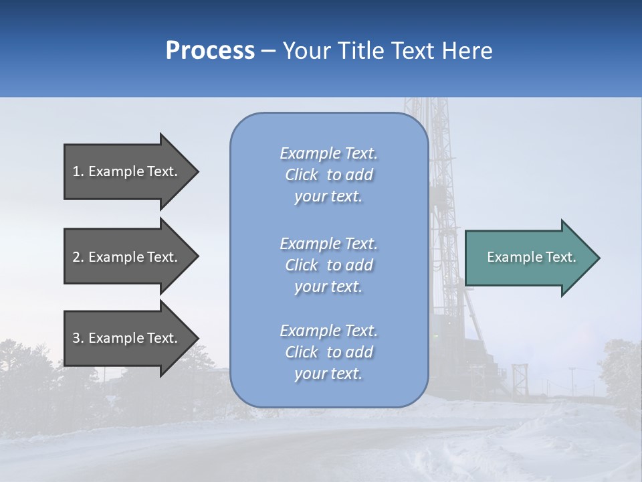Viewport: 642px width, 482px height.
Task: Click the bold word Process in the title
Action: tap(210, 51)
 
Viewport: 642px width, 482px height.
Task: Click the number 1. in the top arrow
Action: tap(78, 171)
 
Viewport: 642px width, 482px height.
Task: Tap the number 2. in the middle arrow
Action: tap(78, 257)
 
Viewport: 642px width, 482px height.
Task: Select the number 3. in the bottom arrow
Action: tap(78, 338)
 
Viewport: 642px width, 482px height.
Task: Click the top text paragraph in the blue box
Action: tap(328, 175)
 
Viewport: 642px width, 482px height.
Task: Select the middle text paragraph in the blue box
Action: tap(328, 265)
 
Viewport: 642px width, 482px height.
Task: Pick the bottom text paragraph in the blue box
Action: tap(328, 352)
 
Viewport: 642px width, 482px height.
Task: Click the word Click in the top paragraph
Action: tap(302, 175)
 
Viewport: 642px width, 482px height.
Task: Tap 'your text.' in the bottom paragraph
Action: tap(328, 374)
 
